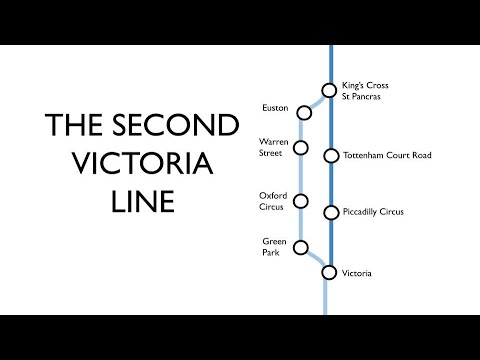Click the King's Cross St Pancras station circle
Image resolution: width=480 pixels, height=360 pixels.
point(329,89)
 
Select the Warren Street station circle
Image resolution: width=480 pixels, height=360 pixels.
point(301,150)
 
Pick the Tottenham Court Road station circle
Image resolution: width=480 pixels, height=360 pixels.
point(330,155)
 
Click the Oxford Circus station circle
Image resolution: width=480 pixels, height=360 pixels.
point(301,201)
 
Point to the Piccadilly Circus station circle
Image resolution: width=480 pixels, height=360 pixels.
point(330,212)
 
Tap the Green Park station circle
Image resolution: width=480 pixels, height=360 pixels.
point(301,250)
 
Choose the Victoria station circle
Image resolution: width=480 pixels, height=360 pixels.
point(329,272)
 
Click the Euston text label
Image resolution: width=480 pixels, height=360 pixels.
point(275,107)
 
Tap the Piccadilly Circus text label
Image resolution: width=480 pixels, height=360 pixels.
point(372,212)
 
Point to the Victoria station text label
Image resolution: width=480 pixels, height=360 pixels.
point(358,272)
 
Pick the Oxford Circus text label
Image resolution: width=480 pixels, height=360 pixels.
point(270,199)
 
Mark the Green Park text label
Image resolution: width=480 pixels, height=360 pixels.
point(274,246)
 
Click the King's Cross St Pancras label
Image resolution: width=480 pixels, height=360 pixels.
point(363,91)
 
